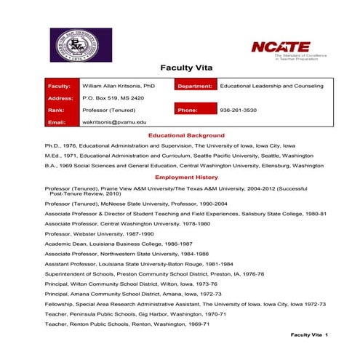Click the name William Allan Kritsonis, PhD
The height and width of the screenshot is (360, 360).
(x=119, y=86)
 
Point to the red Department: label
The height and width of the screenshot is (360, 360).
(x=194, y=86)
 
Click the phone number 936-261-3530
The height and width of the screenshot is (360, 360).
(x=238, y=110)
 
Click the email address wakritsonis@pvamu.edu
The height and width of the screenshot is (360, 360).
(x=114, y=122)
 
